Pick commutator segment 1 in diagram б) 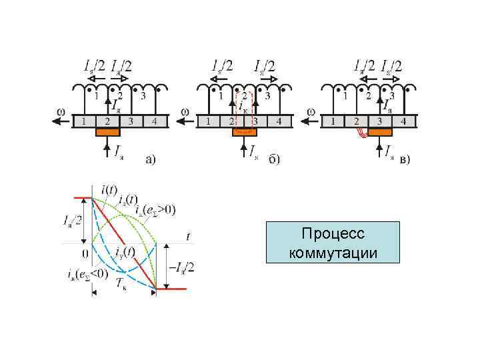[x=208, y=121]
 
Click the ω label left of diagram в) [x=311, y=111]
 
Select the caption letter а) [x=151, y=159]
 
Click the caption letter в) [x=405, y=159]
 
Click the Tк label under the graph [x=121, y=285]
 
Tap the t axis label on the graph [x=189, y=235]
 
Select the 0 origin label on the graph [x=85, y=253]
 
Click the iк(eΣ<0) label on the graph [x=88, y=273]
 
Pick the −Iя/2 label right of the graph [x=181, y=267]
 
